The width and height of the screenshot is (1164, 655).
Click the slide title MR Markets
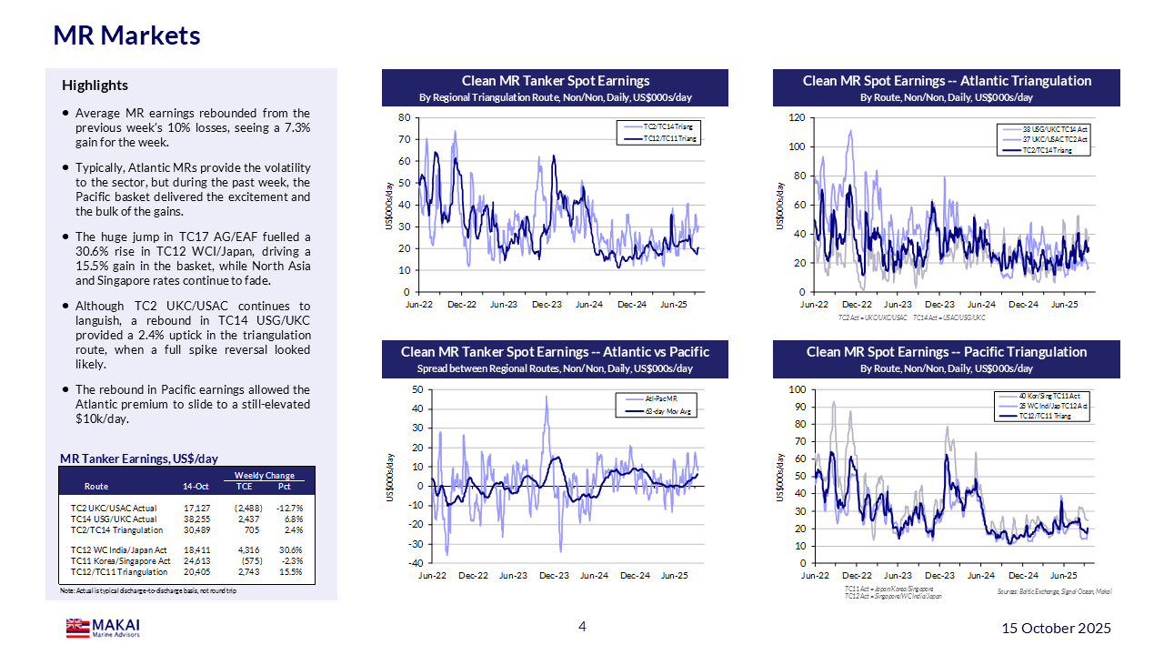126,35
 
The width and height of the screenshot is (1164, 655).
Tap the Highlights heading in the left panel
95,86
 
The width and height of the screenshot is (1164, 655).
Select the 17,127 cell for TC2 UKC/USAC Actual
196,508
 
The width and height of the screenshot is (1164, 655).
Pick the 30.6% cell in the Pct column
291,549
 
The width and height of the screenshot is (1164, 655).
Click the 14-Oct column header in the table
196,487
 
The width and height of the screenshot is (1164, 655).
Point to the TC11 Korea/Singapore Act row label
120,561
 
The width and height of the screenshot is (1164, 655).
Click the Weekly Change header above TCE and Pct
265,476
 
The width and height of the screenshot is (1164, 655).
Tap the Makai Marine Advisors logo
103,628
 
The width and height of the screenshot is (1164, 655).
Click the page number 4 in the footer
582,627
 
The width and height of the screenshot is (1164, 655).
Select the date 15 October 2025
1056,629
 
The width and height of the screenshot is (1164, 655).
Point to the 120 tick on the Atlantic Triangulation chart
797,117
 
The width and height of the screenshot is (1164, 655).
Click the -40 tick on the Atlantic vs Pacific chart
416,563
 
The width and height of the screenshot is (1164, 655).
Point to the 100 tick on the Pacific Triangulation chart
797,389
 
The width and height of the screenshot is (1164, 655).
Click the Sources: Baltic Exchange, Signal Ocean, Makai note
1054,592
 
